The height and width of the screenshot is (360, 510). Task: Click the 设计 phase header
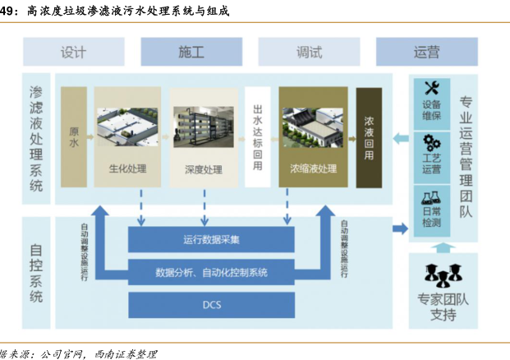74,52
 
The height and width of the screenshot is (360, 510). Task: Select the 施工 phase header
191,52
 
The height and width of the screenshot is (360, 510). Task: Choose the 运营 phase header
426,52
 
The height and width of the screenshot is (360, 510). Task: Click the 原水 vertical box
73,136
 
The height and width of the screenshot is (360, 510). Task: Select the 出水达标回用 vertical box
257,136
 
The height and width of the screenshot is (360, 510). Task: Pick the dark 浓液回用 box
368,136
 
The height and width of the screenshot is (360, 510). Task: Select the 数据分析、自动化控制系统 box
211,272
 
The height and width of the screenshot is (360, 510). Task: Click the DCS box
211,305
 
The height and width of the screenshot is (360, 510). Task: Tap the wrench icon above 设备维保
432,88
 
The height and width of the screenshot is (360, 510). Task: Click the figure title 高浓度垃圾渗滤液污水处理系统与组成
123,12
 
